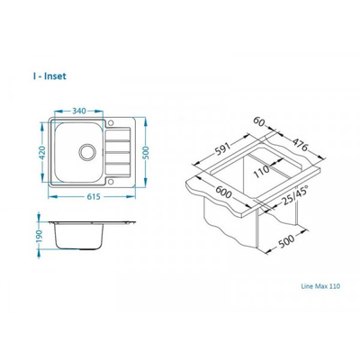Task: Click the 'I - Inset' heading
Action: (49, 76)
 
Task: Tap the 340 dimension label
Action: (79, 111)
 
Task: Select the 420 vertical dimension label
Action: (42, 153)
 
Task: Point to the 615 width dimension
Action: (94, 197)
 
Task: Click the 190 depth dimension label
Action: (40, 237)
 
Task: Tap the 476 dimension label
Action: (300, 145)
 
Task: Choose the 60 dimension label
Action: (259, 121)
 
